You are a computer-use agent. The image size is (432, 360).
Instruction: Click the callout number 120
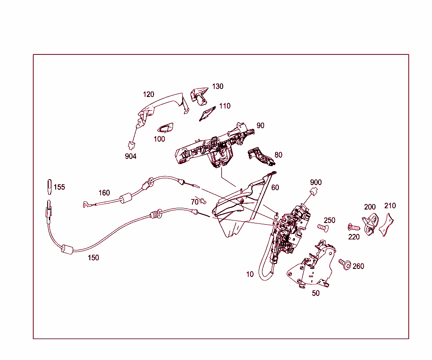coord(148,94)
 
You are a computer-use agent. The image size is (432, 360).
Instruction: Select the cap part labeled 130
coord(200,95)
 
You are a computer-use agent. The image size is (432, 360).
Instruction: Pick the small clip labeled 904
coord(131,145)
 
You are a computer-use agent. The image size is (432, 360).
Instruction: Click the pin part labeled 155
coord(49,186)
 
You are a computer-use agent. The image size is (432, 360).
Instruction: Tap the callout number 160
coord(104,193)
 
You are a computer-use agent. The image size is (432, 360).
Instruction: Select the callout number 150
coord(93,258)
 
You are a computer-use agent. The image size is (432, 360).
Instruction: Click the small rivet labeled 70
coord(204,200)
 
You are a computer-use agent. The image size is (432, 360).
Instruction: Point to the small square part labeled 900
coord(314,192)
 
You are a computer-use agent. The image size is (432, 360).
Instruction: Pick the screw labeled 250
coord(322,228)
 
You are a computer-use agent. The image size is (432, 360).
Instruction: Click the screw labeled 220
coord(353,227)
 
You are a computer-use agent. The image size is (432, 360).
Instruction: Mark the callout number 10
coord(250,274)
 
